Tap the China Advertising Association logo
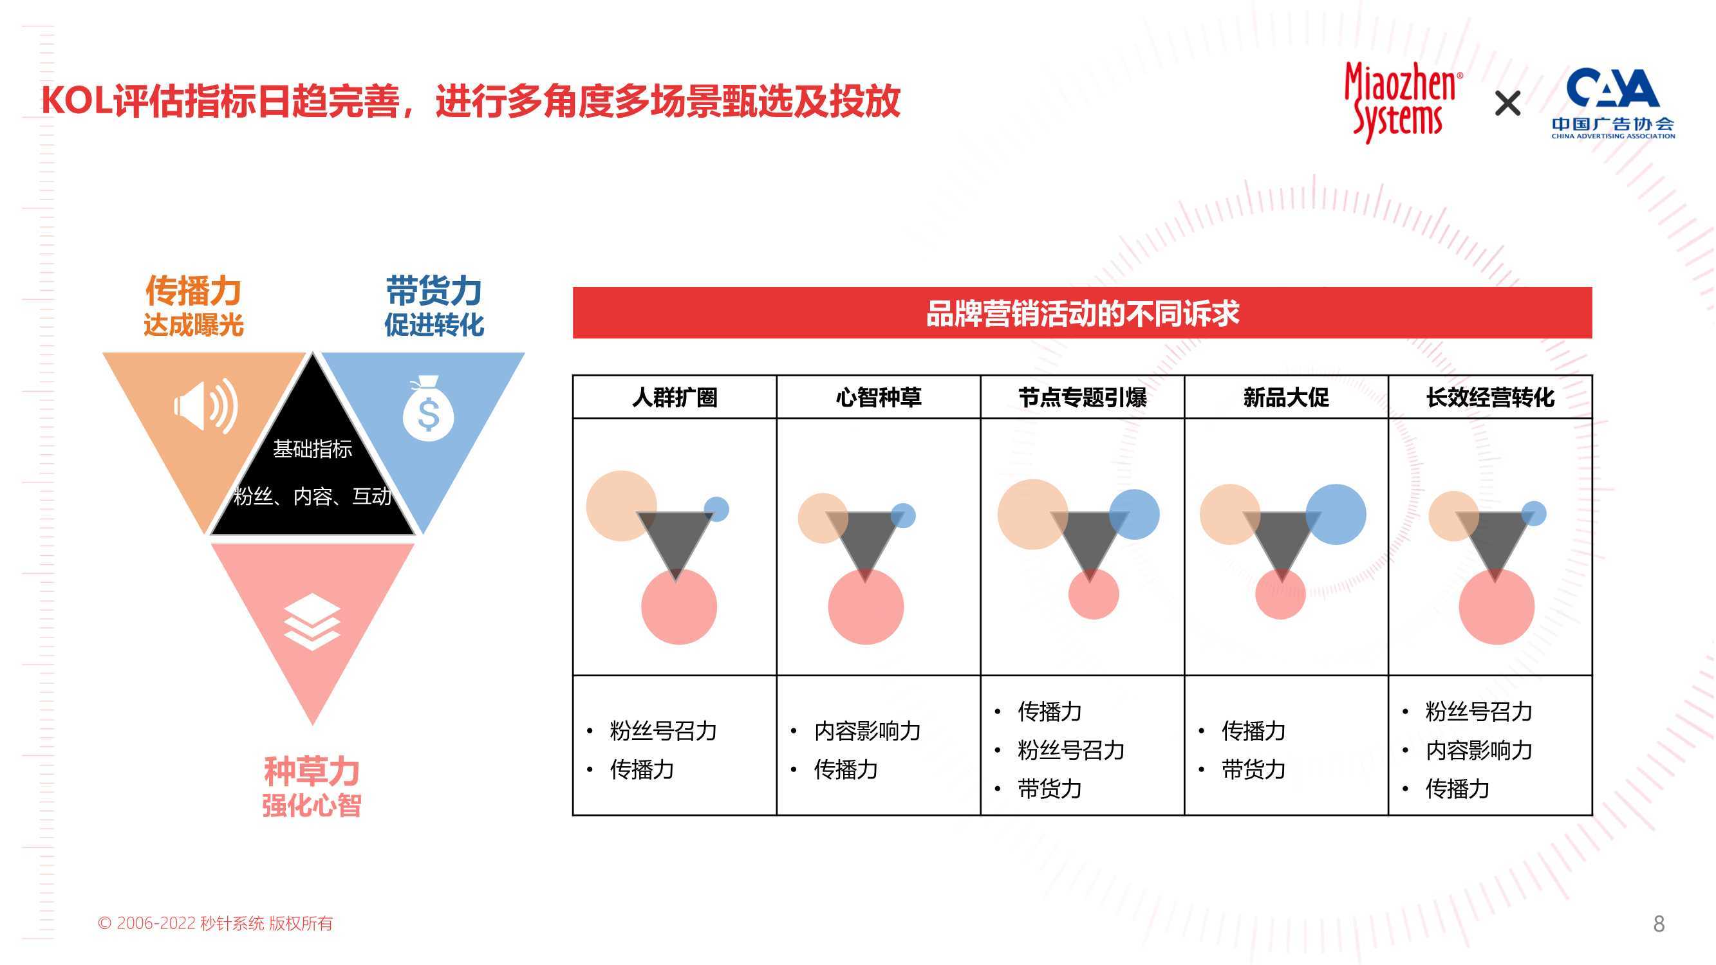click(x=1613, y=103)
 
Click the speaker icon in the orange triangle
click(x=206, y=406)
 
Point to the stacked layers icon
click(x=312, y=621)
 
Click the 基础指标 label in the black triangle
click(x=312, y=450)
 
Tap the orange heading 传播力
click(x=193, y=290)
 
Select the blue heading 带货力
click(x=434, y=290)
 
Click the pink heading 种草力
click(x=312, y=771)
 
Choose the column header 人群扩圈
click(x=675, y=398)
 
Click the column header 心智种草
click(x=879, y=398)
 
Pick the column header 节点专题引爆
click(x=1083, y=398)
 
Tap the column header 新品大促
click(x=1286, y=398)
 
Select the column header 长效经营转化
click(x=1490, y=398)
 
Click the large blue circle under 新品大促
click(x=1336, y=514)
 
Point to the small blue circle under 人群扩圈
click(x=716, y=510)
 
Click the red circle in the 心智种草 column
click(x=866, y=607)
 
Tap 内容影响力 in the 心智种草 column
click(x=867, y=731)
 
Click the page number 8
click(x=1659, y=924)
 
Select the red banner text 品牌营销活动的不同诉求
click(x=1083, y=313)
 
